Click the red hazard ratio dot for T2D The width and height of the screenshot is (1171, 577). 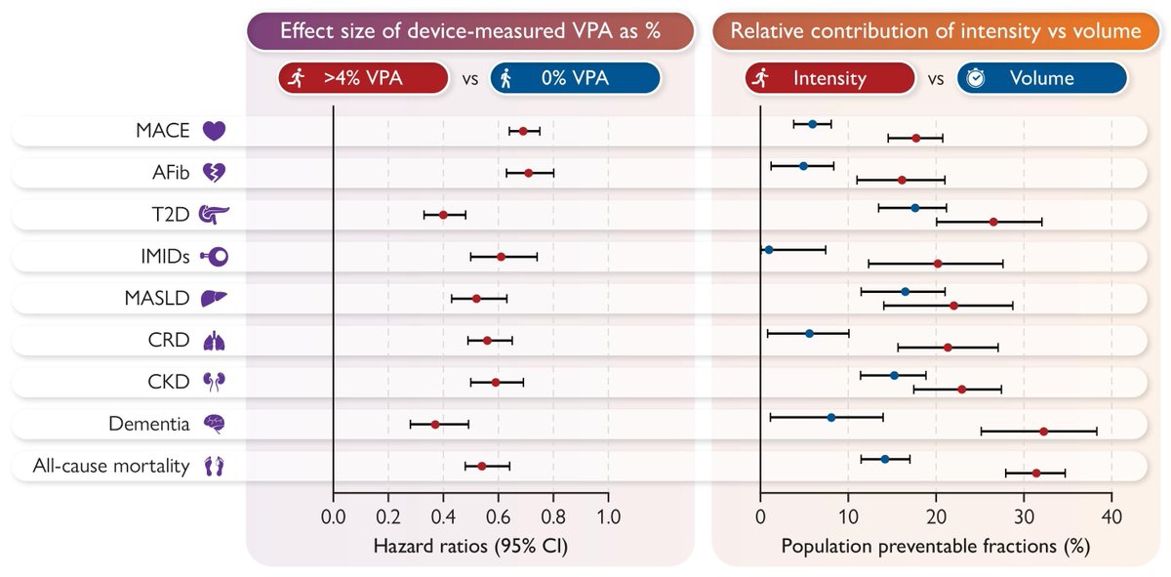[443, 214]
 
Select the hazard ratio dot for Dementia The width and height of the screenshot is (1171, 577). [435, 424]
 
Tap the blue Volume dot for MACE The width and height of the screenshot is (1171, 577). [812, 124]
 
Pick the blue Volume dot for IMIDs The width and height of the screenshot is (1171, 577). [768, 250]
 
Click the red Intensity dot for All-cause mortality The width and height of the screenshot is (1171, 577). [1036, 473]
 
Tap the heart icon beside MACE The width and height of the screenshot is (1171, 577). [214, 131]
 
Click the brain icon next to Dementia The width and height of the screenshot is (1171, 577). [214, 424]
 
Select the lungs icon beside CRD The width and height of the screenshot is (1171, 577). [214, 340]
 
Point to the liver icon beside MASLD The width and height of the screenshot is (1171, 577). [214, 298]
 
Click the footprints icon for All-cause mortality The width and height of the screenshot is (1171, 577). [214, 466]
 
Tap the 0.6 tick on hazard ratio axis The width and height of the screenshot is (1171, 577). [499, 515]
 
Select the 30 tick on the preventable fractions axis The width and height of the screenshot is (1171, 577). [1024, 515]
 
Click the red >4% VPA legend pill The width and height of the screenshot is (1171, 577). [363, 78]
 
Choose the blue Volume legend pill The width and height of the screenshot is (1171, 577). [1042, 78]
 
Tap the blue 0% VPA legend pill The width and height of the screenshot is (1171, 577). [575, 78]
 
